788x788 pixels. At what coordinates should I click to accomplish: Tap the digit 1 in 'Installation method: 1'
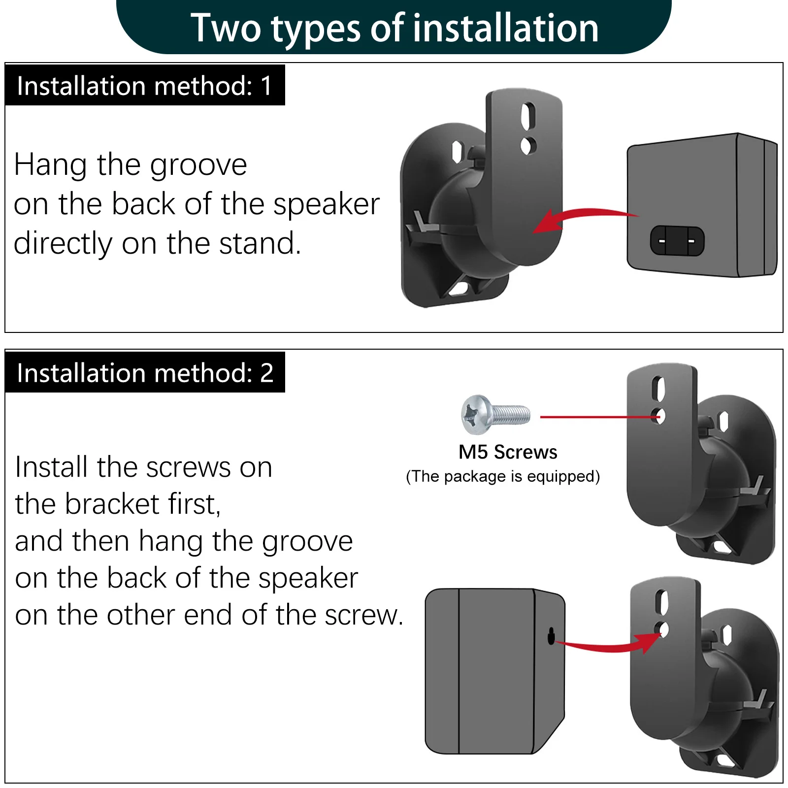pyautogui.click(x=266, y=86)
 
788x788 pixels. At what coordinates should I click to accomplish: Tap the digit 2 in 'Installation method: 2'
pyautogui.click(x=266, y=373)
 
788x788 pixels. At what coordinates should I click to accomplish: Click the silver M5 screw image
pyautogui.click(x=494, y=414)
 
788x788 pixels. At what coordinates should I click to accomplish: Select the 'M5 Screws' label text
pyautogui.click(x=507, y=452)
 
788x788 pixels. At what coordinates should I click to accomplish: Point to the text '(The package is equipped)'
pyautogui.click(x=502, y=476)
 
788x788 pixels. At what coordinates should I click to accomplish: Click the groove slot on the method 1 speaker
pyautogui.click(x=677, y=241)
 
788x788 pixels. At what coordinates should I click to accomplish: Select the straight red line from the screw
pyautogui.click(x=598, y=417)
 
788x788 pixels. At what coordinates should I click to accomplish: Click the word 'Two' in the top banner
pyautogui.click(x=226, y=28)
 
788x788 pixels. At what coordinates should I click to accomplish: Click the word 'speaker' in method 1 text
pyautogui.click(x=326, y=205)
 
